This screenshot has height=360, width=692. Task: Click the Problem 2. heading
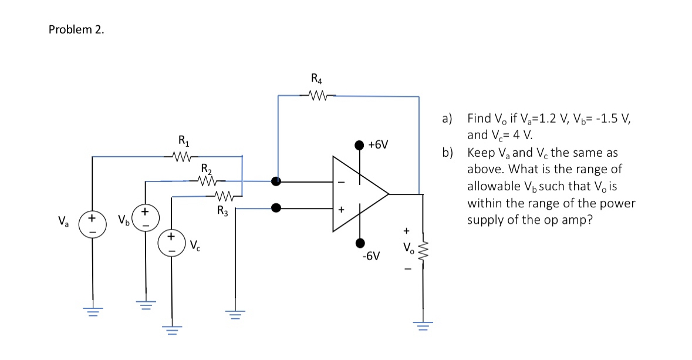(x=76, y=31)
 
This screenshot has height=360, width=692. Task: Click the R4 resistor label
(x=316, y=78)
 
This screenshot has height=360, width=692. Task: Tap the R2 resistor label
(x=206, y=169)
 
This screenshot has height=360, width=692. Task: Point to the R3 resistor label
(x=222, y=210)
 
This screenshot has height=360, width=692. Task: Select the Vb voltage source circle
(x=144, y=217)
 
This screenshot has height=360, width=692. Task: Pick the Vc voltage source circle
(x=172, y=243)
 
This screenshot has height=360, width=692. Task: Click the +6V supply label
(x=379, y=144)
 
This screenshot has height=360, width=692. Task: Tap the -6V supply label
(x=371, y=257)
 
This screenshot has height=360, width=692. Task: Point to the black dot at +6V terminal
(x=360, y=144)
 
